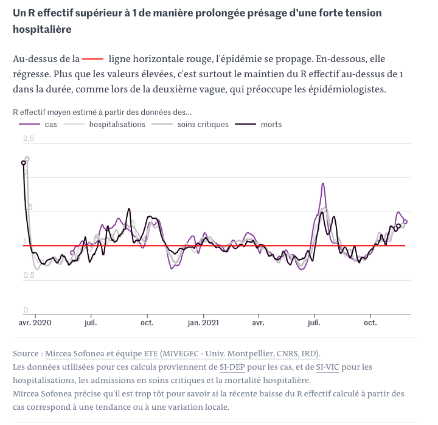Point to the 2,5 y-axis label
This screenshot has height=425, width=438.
29,139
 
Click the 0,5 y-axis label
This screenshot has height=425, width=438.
29,275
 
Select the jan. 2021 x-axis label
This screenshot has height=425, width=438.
203,322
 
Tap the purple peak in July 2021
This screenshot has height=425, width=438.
322,184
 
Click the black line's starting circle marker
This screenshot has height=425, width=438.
23,163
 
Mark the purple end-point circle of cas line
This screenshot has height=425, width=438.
406,221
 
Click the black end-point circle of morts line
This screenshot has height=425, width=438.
398,226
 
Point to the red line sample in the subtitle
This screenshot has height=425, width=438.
93,59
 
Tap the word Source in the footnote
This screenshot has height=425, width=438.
27,353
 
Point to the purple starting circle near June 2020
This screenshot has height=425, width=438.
72,252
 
